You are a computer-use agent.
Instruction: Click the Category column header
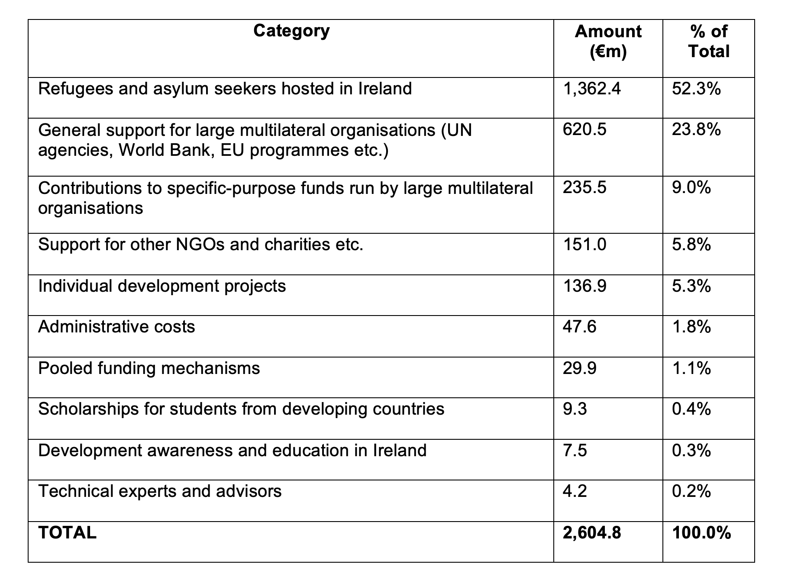pos(291,31)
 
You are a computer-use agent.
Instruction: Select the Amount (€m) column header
pos(608,42)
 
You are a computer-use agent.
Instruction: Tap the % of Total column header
pos(709,42)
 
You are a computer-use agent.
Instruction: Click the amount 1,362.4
pos(591,89)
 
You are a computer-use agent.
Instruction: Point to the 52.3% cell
pos(696,89)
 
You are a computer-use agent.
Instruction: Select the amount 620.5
pos(585,130)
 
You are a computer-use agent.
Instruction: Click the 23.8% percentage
pos(696,130)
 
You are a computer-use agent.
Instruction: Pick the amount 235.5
pos(585,188)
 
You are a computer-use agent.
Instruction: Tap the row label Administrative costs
pos(116,327)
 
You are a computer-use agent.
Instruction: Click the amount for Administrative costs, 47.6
pos(579,327)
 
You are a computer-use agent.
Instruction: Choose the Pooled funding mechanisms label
pos(149,368)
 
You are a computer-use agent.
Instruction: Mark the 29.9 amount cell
pos(579,368)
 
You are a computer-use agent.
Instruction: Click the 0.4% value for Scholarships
pos(691,409)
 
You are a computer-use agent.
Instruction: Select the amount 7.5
pos(575,451)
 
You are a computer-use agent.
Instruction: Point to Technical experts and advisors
pos(160,491)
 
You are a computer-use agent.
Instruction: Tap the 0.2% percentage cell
pos(691,491)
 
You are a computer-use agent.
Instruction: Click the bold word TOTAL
pos(67,533)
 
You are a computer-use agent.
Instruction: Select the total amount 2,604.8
pos(591,533)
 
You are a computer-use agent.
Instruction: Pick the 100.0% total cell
pos(701,533)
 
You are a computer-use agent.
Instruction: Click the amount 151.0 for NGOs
pos(585,245)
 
